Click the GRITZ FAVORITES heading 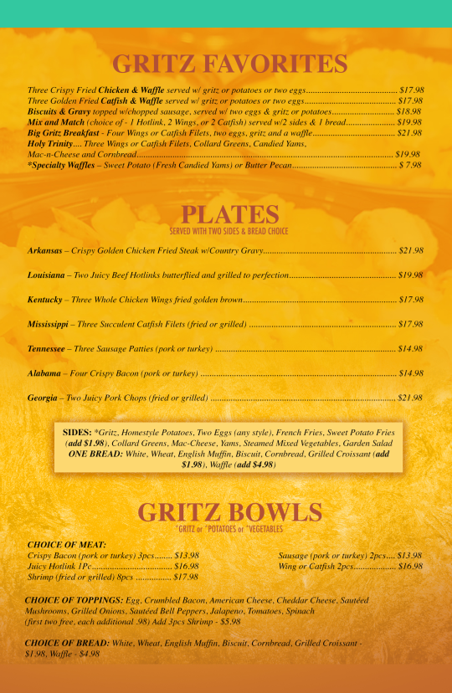(x=229, y=64)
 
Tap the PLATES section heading (x=229, y=213)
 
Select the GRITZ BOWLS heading (x=229, y=512)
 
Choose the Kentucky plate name (x=44, y=299)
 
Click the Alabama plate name (x=44, y=372)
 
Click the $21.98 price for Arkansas (x=411, y=250)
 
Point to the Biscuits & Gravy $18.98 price (x=409, y=111)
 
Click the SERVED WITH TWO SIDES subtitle (x=229, y=231)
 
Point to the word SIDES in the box (x=78, y=431)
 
